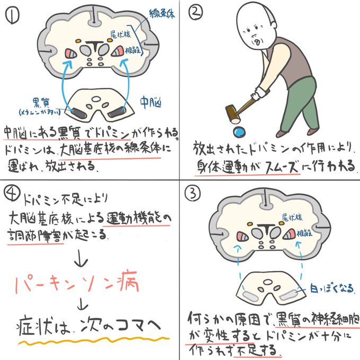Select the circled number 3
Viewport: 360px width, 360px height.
[x=194, y=194]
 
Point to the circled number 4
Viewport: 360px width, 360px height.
[x=12, y=193]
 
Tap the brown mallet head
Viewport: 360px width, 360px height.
[x=231, y=112]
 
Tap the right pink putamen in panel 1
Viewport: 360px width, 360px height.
[x=118, y=51]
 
